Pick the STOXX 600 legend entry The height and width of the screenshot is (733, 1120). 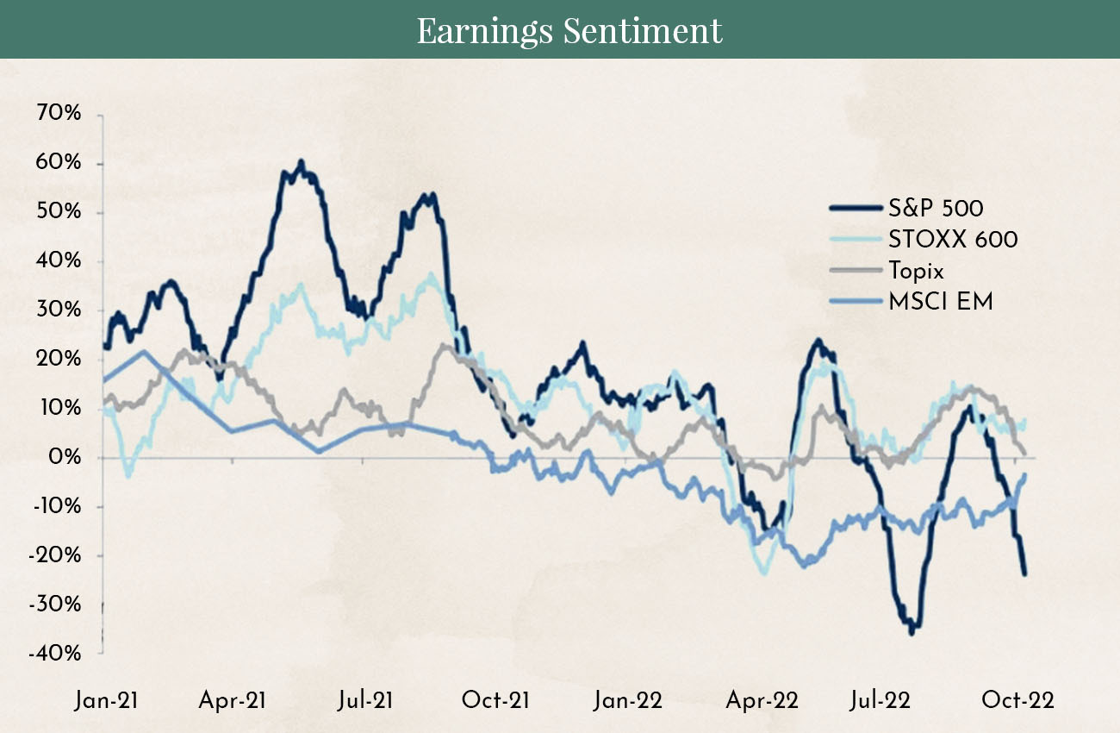(952, 239)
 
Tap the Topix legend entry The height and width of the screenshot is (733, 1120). (915, 271)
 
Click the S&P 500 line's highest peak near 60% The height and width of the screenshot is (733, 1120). (301, 162)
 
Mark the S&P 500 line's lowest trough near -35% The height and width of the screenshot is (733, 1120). (911, 632)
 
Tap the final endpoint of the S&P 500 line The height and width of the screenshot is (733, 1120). (1025, 573)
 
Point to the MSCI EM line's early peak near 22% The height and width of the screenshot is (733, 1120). (144, 351)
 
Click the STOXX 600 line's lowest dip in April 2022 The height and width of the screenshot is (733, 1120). (763, 573)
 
